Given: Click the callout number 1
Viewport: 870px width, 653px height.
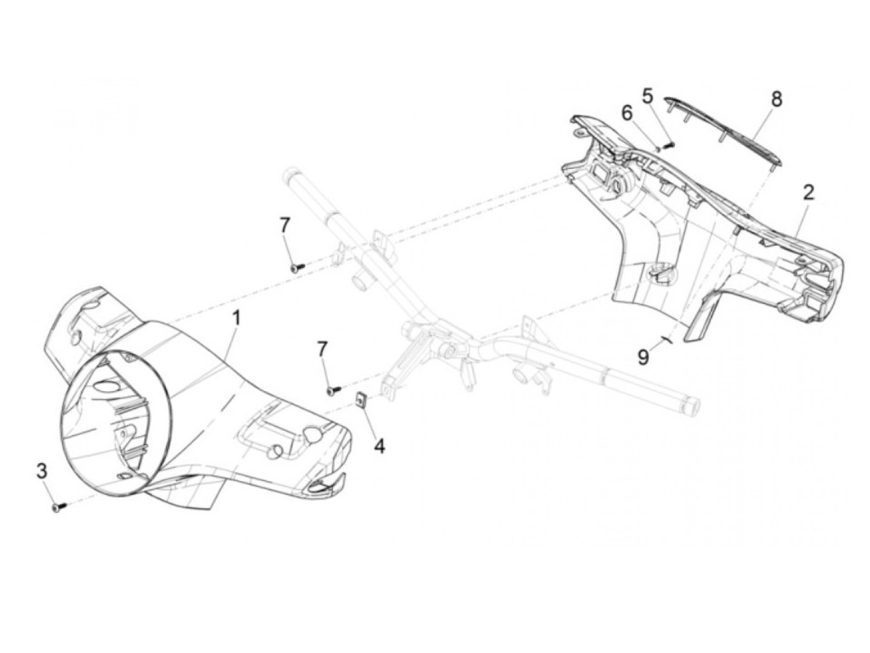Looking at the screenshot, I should pyautogui.click(x=237, y=320).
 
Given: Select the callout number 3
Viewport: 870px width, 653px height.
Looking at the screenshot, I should pyautogui.click(x=42, y=471).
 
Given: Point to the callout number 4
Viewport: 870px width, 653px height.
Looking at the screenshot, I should pyautogui.click(x=379, y=445).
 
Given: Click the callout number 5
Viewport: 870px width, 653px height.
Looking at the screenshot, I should pyautogui.click(x=648, y=97).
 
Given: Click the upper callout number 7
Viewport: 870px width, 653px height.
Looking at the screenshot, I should pyautogui.click(x=285, y=226).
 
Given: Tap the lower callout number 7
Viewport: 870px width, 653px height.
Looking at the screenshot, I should pyautogui.click(x=322, y=349).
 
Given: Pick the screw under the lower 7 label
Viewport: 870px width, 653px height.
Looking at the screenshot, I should pyautogui.click(x=333, y=390).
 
